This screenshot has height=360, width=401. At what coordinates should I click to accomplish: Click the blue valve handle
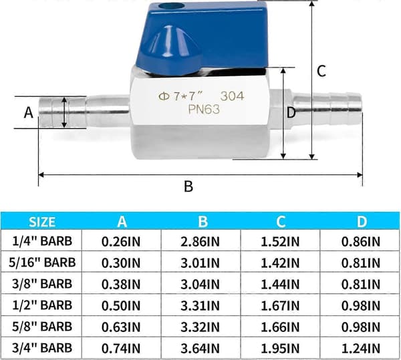coord(202,38)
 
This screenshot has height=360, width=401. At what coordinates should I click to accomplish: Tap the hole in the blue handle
coord(166,6)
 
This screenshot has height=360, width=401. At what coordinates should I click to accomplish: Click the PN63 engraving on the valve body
coord(204,110)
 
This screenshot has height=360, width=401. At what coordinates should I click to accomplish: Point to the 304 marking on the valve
coord(232,96)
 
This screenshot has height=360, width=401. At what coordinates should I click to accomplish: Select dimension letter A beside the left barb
coord(28,112)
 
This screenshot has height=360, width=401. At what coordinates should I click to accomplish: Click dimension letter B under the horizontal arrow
coord(188,186)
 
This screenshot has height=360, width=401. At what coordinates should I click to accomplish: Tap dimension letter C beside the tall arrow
coord(321,71)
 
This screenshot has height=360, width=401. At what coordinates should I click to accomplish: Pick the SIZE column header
coord(42,222)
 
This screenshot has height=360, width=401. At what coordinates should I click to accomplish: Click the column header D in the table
coord(362,222)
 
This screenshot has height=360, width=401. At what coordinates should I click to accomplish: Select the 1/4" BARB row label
coord(42,241)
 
